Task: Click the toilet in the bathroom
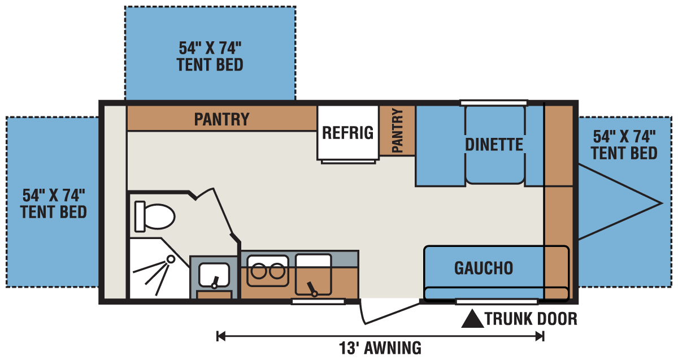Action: pos(155,216)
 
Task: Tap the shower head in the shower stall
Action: pos(171,259)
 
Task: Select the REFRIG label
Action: pos(348,133)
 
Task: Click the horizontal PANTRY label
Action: pos(221,119)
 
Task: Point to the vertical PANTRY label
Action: pos(397,131)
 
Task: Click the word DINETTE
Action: pos(494,145)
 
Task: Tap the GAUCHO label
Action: pos(484,268)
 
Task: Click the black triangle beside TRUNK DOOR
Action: pos(472,319)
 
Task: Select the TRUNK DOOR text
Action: pos(531,319)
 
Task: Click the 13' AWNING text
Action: pos(380,348)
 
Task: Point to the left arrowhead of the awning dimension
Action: pos(221,336)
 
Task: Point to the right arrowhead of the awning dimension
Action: pos(540,336)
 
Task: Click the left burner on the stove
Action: pos(259,271)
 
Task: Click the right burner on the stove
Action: pos(277,271)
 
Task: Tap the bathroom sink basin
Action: pos(214,275)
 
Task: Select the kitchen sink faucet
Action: pos(312,289)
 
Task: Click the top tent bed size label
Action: pos(210,57)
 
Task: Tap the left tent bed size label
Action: pos(54,203)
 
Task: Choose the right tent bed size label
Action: pos(624,145)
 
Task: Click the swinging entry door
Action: pos(389,312)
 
